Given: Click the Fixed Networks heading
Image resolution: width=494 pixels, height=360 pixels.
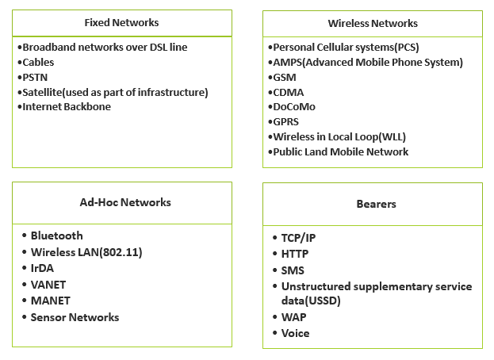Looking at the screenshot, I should pyautogui.click(x=121, y=22).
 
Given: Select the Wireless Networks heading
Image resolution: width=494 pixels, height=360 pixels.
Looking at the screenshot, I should pyautogui.click(x=373, y=23).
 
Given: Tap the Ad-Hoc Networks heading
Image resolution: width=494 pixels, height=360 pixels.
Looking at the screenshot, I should pyautogui.click(x=125, y=202).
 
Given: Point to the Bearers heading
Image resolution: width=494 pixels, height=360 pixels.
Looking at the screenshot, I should pyautogui.click(x=376, y=204).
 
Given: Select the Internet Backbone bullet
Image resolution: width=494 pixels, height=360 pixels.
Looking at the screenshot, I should pyautogui.click(x=67, y=106).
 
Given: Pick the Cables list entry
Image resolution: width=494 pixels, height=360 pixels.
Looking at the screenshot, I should pyautogui.click(x=38, y=62).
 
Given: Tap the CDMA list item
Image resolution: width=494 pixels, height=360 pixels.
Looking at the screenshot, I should pyautogui.click(x=289, y=91).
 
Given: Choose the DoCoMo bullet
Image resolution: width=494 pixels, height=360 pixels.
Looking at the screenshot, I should pyautogui.click(x=293, y=106).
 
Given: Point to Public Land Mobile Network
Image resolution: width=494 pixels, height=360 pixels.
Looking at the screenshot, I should pyautogui.click(x=341, y=151).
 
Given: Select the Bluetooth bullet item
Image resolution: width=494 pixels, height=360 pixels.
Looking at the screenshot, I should pyautogui.click(x=56, y=236).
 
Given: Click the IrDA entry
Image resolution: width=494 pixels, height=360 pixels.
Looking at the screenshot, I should pyautogui.click(x=42, y=268).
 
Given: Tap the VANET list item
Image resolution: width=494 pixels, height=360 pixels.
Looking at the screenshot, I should pyautogui.click(x=48, y=285).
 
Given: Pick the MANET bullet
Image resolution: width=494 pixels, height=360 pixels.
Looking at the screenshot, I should pyautogui.click(x=50, y=301).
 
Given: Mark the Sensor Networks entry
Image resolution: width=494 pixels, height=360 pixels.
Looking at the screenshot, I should pyautogui.click(x=75, y=317).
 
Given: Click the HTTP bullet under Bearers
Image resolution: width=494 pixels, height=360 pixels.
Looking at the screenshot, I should pyautogui.click(x=295, y=254).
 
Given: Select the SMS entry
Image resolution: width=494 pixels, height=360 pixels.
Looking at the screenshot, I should pyautogui.click(x=293, y=270).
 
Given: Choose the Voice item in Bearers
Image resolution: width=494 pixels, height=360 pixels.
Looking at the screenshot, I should pyautogui.click(x=295, y=333).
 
